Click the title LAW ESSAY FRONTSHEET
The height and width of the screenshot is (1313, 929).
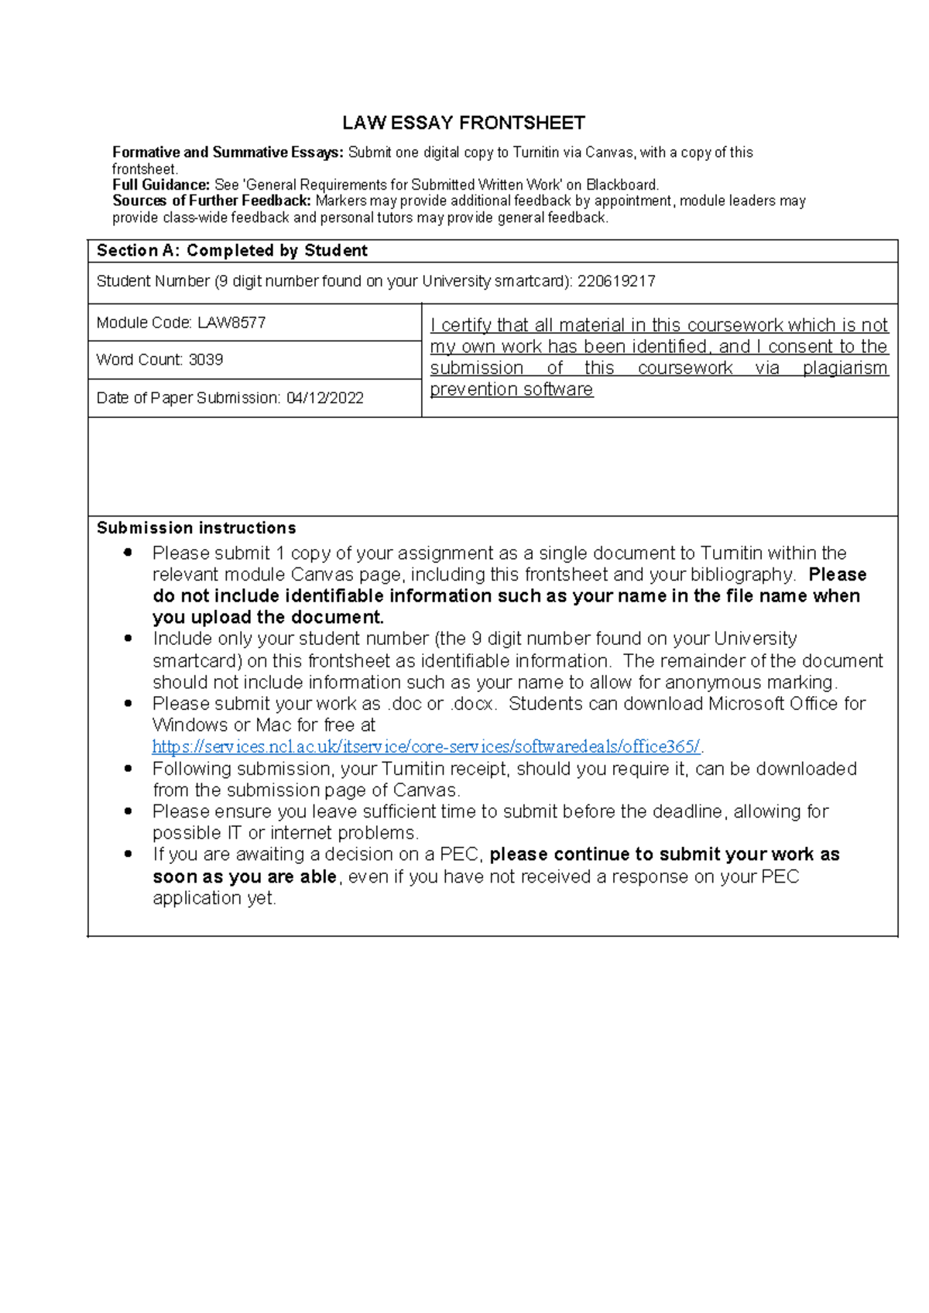464,123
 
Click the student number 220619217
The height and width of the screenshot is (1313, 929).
616,282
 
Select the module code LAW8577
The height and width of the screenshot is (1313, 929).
231,323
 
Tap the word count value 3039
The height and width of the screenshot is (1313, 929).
206,360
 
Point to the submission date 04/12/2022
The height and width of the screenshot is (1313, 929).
324,398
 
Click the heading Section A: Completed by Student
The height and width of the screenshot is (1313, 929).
231,251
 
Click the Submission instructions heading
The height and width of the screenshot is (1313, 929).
196,528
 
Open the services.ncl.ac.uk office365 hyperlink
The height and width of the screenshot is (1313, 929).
426,747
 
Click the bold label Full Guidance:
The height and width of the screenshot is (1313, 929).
161,185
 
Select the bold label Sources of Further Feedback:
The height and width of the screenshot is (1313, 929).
212,201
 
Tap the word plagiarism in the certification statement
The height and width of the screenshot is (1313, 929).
845,369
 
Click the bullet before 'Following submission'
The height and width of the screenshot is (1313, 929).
129,768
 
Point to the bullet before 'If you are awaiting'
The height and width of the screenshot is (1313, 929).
129,854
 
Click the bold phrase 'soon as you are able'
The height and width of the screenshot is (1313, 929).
245,877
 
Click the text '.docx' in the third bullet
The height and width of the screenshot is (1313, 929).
472,704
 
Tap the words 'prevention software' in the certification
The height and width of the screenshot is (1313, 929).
511,389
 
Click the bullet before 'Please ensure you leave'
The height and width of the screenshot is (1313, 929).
129,811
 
